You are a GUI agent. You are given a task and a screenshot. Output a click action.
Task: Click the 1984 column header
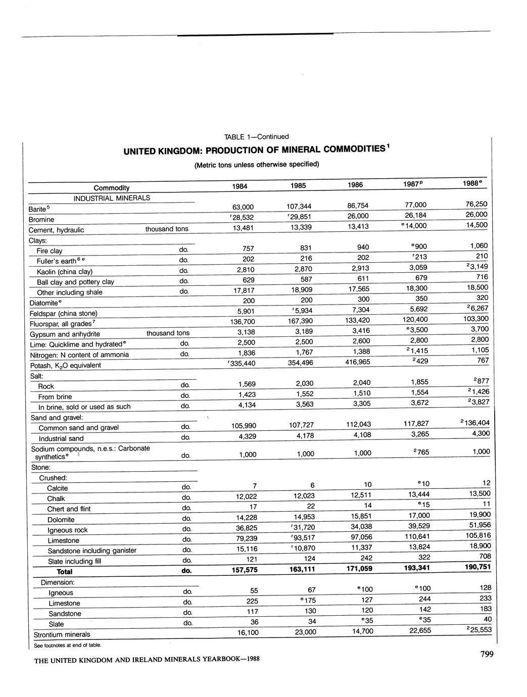click(x=239, y=186)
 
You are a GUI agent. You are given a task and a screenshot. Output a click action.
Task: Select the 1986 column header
click(x=355, y=185)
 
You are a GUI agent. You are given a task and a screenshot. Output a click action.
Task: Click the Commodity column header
click(x=112, y=187)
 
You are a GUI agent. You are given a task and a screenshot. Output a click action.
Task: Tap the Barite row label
click(x=39, y=209)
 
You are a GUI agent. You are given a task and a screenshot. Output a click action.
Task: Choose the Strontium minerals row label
click(x=62, y=634)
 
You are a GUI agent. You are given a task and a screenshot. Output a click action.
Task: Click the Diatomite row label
click(x=43, y=303)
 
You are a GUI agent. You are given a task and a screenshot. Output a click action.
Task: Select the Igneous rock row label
click(x=68, y=530)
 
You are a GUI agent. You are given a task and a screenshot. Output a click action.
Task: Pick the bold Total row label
click(x=65, y=572)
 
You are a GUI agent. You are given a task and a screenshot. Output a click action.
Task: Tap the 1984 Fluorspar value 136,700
click(x=243, y=322)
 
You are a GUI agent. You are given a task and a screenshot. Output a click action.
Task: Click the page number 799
click(x=487, y=655)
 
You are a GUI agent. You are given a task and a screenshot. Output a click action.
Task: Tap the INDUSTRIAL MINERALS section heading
click(x=112, y=198)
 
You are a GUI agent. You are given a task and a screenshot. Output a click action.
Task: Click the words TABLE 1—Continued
click(x=256, y=137)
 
